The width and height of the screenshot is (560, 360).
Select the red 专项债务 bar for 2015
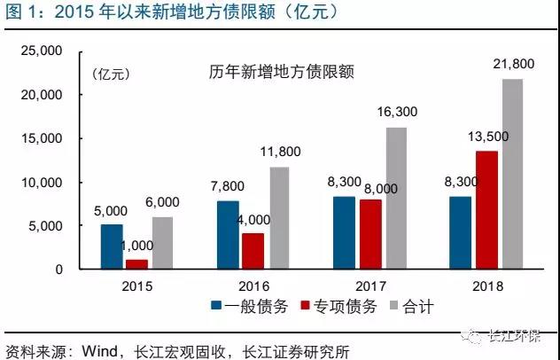click(x=136, y=264)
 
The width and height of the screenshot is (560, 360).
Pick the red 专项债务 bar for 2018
click(x=486, y=210)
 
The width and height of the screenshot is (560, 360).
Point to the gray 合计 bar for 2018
click(x=512, y=174)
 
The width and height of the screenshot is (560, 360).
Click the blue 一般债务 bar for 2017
click(x=344, y=232)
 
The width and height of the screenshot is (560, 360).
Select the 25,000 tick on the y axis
click(x=40, y=51)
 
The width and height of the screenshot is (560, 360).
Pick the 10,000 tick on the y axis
click(x=40, y=183)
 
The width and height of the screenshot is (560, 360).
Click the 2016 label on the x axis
click(x=253, y=286)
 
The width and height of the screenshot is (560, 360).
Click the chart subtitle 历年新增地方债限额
click(x=282, y=72)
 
